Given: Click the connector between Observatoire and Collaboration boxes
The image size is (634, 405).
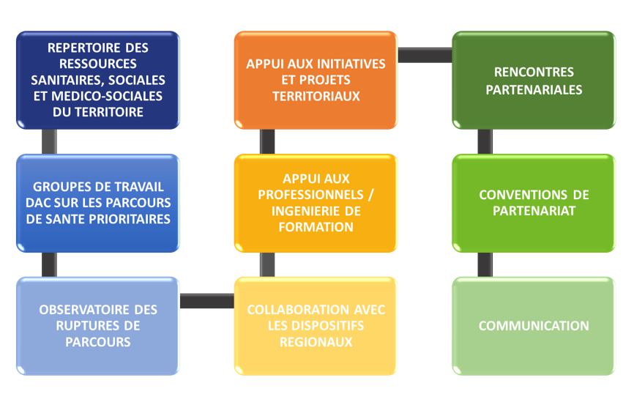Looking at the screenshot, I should pos(206,301).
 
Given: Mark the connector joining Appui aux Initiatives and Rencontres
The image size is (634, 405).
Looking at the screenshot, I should pos(425,55).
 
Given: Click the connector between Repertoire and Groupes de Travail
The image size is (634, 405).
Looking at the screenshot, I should pos(49,141).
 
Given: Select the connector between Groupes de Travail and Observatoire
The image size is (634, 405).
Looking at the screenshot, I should pos(49,264).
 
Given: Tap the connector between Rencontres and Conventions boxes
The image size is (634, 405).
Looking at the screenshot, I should pos(485,141).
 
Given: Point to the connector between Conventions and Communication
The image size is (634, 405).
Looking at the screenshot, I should pos(485,264).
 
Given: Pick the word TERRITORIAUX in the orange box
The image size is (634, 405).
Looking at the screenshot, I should pos(316,96).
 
